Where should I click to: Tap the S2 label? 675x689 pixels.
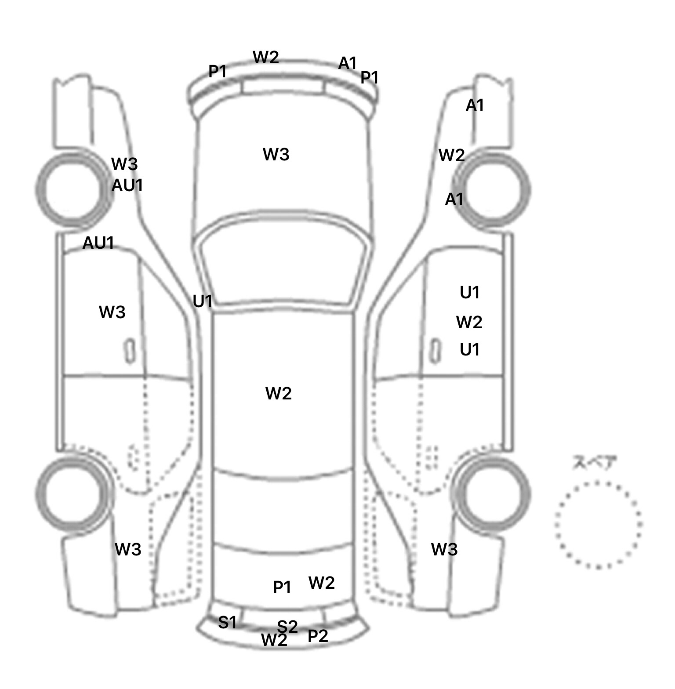pyautogui.click(x=287, y=626)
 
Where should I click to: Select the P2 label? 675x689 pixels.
pyautogui.click(x=318, y=635)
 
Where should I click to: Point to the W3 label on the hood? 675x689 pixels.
pyautogui.click(x=276, y=154)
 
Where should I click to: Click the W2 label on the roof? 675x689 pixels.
pyautogui.click(x=279, y=393)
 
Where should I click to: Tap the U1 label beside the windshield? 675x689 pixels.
pyautogui.click(x=203, y=301)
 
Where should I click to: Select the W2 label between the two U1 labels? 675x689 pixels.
pyautogui.click(x=469, y=322)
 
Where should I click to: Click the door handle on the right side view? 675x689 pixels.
pyautogui.click(x=435, y=351)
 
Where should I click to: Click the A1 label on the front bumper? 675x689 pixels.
pyautogui.click(x=347, y=63)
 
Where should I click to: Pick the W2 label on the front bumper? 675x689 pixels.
pyautogui.click(x=266, y=57)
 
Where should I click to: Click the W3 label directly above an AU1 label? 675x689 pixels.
pyautogui.click(x=124, y=164)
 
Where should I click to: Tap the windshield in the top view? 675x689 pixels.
pyautogui.click(x=284, y=259)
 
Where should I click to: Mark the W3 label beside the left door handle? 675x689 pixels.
pyautogui.click(x=112, y=312)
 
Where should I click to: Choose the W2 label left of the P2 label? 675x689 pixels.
pyautogui.click(x=274, y=640)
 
